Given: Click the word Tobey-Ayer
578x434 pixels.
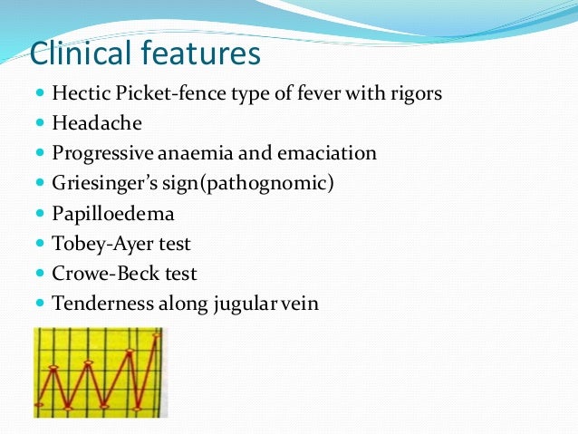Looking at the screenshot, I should point(96,243).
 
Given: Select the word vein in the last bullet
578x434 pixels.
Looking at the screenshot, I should point(299,303).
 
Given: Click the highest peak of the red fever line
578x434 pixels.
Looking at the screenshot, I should point(158,335).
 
